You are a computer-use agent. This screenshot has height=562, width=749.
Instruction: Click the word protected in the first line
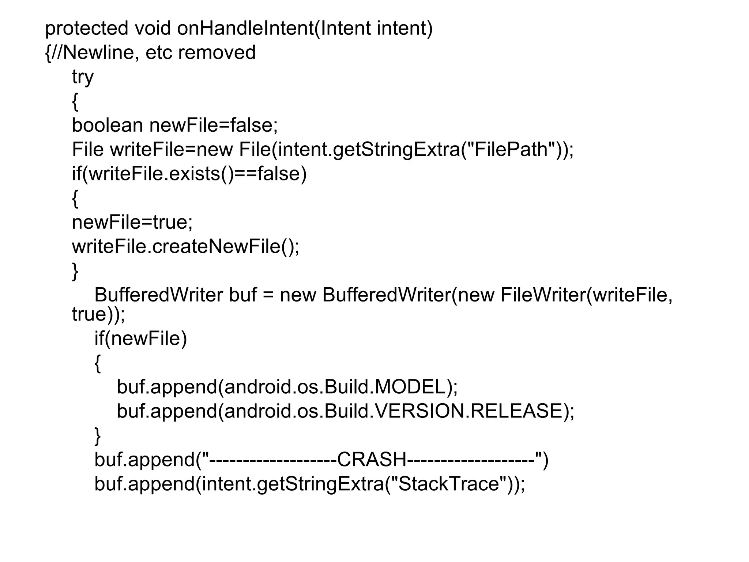click(86, 29)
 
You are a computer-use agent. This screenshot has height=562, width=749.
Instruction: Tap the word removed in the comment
click(217, 53)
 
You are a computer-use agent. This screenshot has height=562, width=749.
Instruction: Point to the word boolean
click(107, 125)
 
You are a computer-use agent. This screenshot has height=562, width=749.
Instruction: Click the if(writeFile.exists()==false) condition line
click(189, 173)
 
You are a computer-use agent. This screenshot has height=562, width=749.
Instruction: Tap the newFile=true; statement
click(132, 222)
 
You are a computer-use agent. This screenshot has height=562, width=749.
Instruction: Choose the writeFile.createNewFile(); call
click(185, 246)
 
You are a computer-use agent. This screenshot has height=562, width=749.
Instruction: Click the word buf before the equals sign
click(242, 295)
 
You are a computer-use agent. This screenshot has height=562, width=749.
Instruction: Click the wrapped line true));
click(98, 314)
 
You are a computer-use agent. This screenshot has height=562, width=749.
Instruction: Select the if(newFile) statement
click(140, 338)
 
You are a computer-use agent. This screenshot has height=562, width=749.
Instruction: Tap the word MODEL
click(410, 387)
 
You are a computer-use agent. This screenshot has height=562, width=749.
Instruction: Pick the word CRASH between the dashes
click(372, 460)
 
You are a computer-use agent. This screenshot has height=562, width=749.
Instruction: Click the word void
click(153, 29)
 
